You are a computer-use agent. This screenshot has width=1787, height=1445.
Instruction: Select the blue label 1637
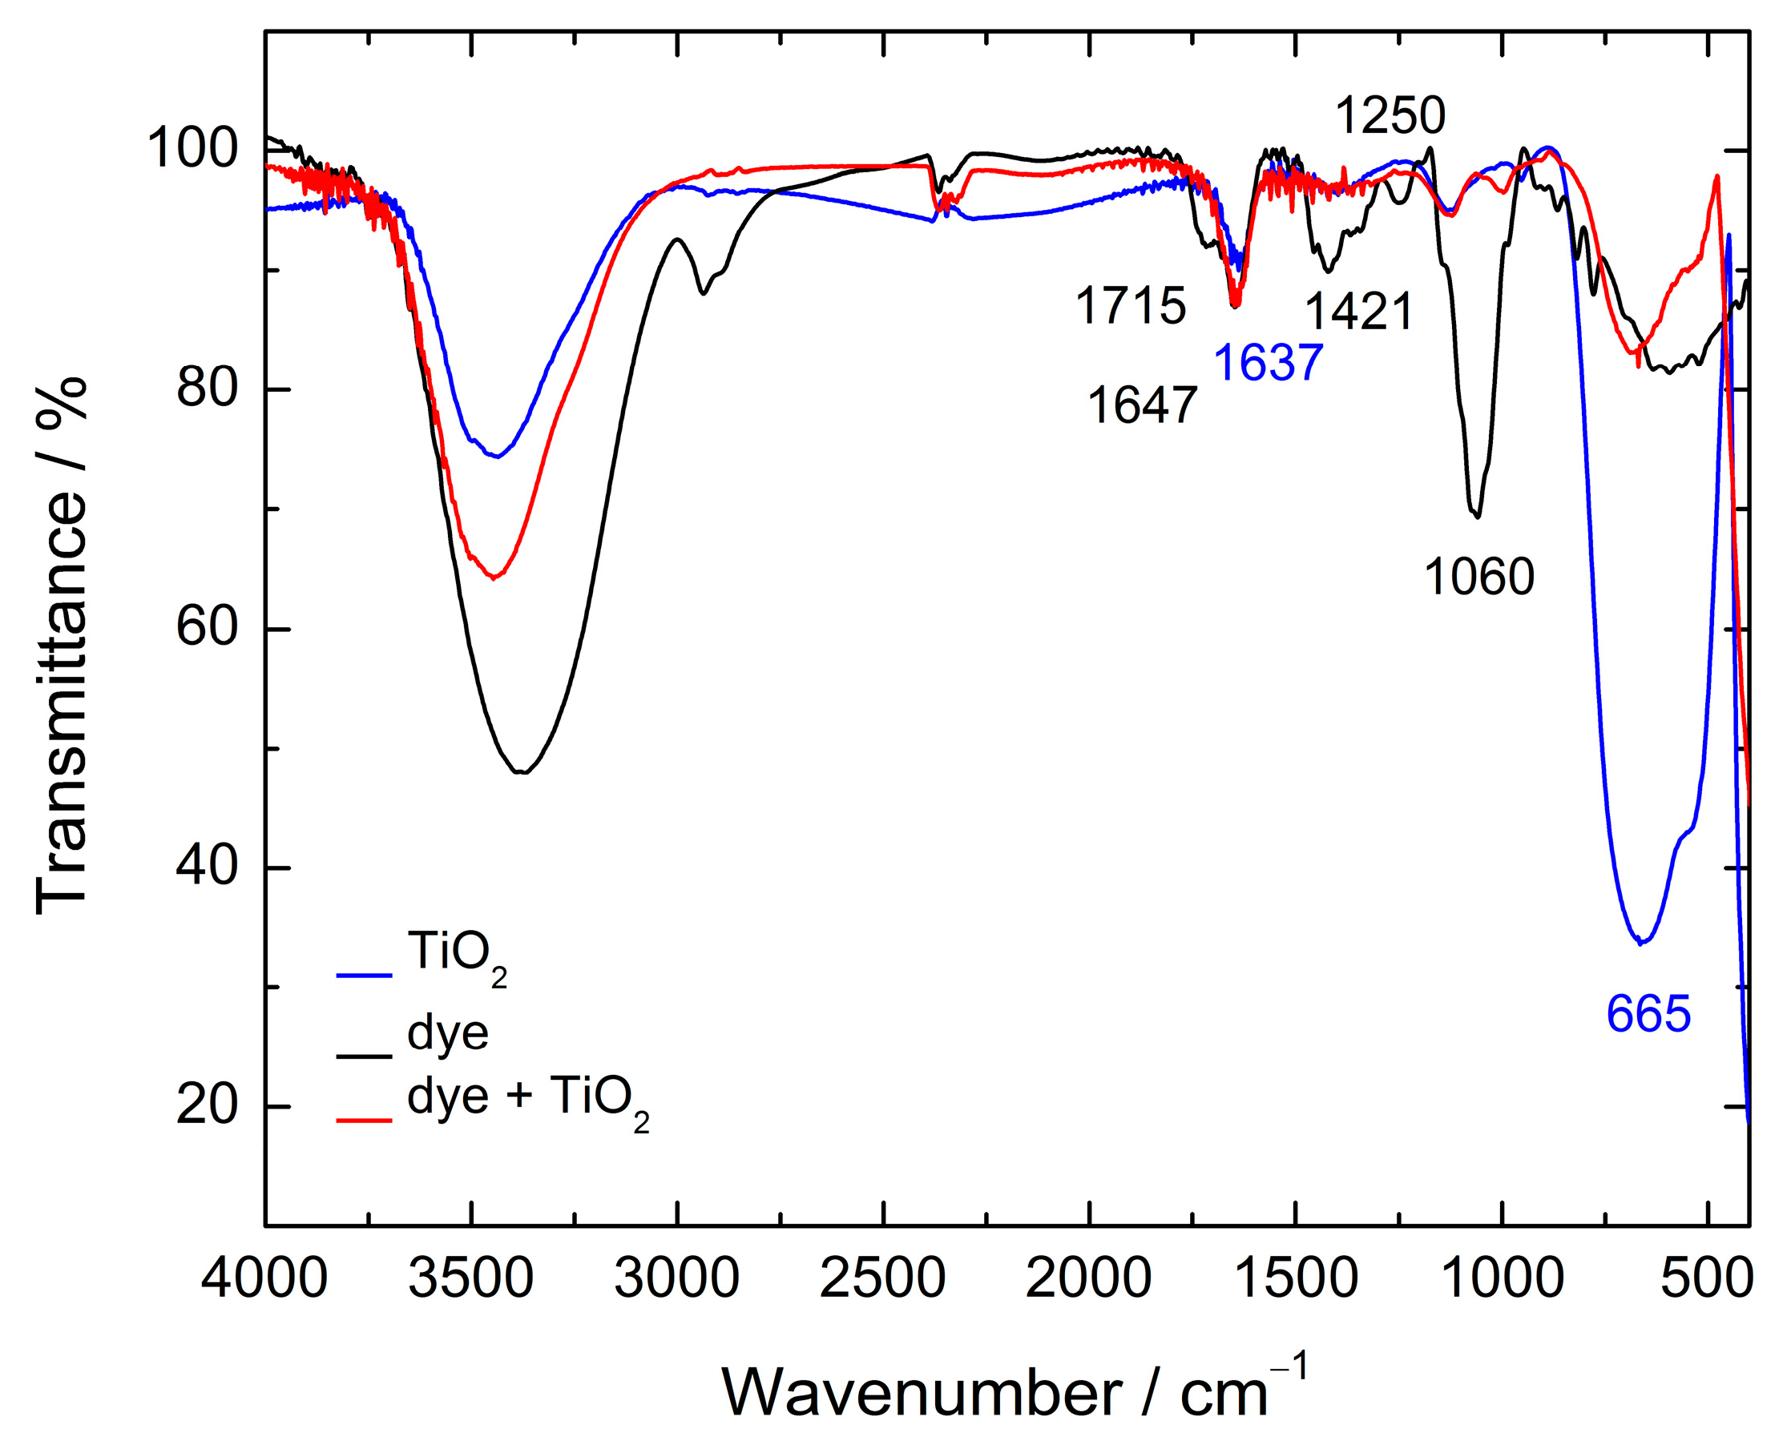point(1268,363)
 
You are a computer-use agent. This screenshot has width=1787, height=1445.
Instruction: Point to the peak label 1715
point(1130,305)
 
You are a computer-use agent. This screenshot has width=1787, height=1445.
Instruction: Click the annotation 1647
point(1142,406)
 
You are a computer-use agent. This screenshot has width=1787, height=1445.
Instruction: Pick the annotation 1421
point(1358,312)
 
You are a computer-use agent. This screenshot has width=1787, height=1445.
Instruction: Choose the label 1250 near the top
point(1390,115)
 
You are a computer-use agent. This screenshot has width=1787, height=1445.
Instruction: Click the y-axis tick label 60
point(207,628)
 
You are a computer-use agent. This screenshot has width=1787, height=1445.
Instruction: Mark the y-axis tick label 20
point(207,1106)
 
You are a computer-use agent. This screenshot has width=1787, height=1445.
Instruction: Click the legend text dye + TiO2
point(526,1099)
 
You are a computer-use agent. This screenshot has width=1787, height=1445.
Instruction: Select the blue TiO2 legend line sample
point(364,974)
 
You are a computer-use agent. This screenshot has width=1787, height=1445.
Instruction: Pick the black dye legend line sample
point(364,1057)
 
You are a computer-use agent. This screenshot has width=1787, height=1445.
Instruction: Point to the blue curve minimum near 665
point(1640,943)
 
